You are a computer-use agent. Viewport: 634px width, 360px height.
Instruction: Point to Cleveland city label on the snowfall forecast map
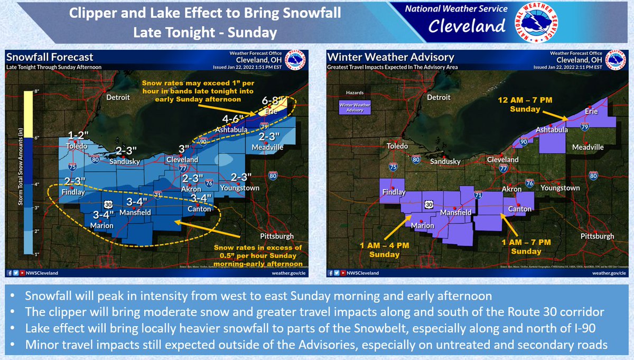[x=182, y=159]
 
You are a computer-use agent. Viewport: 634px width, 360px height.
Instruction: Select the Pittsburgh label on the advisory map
[x=595, y=236]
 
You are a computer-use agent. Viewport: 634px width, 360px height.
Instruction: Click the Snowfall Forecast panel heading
[x=49, y=57]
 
